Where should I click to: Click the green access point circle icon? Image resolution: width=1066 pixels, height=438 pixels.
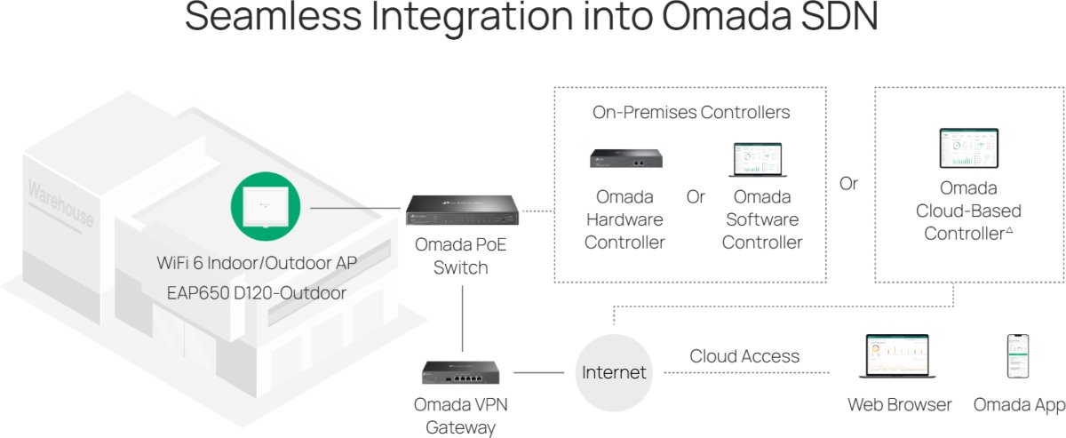266,207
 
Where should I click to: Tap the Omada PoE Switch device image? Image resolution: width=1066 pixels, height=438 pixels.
462,210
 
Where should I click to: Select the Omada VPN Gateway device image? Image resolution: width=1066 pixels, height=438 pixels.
461,373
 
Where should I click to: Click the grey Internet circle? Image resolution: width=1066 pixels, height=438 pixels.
614,373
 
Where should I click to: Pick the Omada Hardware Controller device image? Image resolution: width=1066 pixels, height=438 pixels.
625,158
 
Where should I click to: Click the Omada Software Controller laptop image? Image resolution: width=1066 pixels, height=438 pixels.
758,160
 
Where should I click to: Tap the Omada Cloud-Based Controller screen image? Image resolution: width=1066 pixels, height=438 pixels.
968,148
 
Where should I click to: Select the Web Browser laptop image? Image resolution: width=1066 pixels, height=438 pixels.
897,356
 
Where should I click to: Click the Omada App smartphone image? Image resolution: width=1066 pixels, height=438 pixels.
1018,356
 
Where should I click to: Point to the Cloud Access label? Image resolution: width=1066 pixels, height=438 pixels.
744,356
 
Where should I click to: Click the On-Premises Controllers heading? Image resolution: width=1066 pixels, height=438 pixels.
691,112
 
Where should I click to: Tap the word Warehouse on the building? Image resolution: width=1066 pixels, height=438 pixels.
61,203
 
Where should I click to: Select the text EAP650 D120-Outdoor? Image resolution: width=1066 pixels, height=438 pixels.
257,293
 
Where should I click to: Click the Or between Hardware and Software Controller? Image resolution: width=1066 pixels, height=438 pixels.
696,196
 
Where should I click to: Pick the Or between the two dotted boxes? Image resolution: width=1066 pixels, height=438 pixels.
848,183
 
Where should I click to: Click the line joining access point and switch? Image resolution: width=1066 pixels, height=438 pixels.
355,208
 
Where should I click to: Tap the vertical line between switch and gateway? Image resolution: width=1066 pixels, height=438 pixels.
462,318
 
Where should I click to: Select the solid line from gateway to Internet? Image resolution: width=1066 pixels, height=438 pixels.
538,373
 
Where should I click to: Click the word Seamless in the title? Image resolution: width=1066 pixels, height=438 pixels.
274,16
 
